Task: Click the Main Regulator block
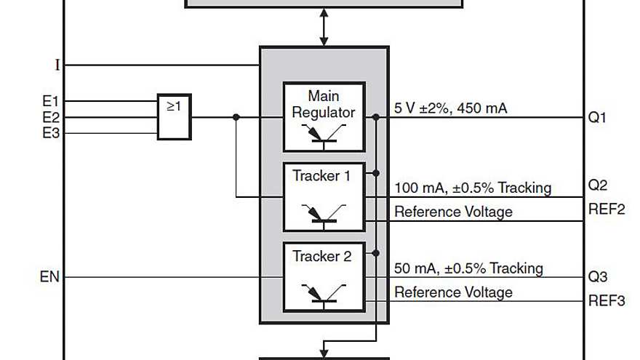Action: point(324,116)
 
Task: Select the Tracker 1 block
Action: point(324,196)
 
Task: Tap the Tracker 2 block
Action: point(324,276)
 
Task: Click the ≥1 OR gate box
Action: point(175,116)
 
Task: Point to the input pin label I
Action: point(57,65)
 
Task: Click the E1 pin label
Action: point(51,101)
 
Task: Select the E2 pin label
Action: point(51,117)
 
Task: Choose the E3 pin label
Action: point(51,133)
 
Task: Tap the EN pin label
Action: point(50,277)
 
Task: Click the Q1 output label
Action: point(597,117)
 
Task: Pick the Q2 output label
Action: point(597,185)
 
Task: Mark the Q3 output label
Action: point(597,277)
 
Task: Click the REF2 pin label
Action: point(606,210)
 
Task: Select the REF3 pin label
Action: point(606,300)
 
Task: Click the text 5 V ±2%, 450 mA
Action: point(451,108)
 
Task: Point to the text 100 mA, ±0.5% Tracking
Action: point(473,188)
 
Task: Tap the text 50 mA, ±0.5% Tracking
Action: point(468,268)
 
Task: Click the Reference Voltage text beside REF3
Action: point(453,292)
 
